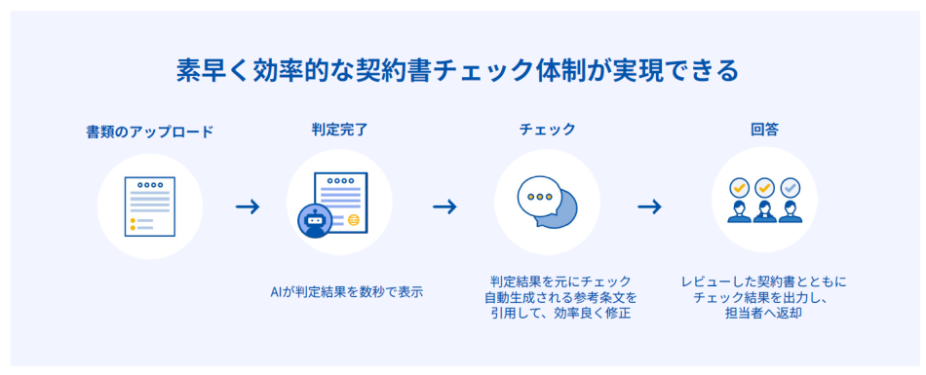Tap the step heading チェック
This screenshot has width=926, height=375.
(547, 129)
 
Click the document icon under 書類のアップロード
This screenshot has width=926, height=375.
(150, 206)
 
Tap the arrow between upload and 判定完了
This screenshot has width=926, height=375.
(248, 206)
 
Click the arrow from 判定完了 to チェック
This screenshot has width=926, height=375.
(445, 206)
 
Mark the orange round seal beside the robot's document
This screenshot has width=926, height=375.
(353, 220)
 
